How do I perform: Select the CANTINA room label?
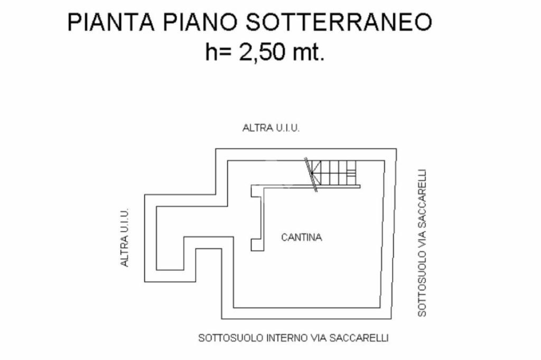pyautogui.click(x=301, y=238)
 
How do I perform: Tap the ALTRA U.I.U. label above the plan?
pyautogui.click(x=271, y=128)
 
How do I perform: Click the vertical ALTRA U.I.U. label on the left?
pyautogui.click(x=125, y=237)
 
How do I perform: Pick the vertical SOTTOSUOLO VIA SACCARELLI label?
pyautogui.click(x=422, y=243)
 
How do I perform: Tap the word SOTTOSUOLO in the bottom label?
pyautogui.click(x=223, y=338)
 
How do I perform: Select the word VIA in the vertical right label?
pyautogui.click(x=422, y=242)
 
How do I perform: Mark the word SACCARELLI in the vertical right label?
pyautogui.click(x=422, y=201)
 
